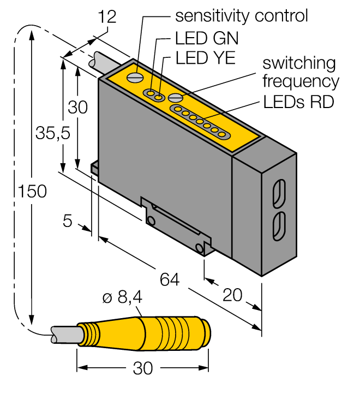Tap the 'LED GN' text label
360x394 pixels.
click(x=207, y=39)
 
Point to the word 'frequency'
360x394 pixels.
click(x=301, y=82)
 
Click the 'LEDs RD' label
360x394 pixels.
click(x=298, y=102)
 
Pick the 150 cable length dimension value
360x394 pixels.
click(x=32, y=192)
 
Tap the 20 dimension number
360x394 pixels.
click(x=233, y=295)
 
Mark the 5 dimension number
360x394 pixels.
click(x=68, y=222)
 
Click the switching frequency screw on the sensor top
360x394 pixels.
click(x=175, y=98)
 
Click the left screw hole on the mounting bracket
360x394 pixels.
click(x=151, y=220)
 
